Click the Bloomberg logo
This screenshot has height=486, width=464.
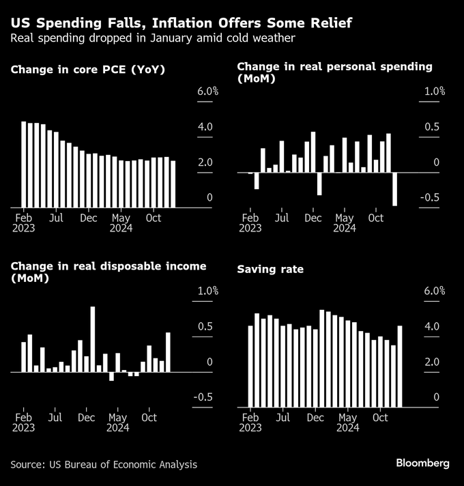click(422, 463)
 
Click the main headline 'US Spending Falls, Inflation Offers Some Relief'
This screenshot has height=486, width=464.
click(181, 23)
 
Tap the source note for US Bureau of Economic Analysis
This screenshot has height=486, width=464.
click(104, 464)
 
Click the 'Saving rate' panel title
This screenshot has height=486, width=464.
click(270, 270)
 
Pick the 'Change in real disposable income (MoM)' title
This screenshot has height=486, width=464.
click(108, 272)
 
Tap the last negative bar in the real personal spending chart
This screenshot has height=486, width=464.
click(394, 188)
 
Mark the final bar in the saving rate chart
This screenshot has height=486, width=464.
click(400, 366)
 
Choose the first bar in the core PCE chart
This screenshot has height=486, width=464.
click(24, 164)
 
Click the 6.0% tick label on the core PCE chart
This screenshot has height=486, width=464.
click(207, 91)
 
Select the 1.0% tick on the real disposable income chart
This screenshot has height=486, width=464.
click(207, 291)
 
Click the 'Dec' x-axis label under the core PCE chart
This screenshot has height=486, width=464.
click(88, 218)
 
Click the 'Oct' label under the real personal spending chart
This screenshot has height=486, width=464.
click(376, 218)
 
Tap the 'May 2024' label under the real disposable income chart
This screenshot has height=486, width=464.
click(119, 422)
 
